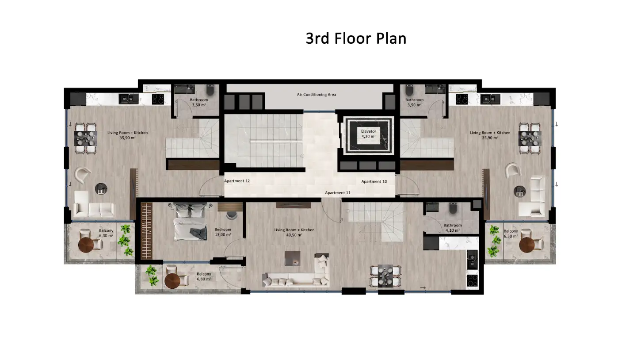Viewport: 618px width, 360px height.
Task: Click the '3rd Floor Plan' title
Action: pyautogui.click(x=356, y=38)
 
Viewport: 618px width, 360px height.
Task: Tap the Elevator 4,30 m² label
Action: pyautogui.click(x=369, y=134)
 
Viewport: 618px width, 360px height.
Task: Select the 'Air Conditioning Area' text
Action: pyautogui.click(x=317, y=94)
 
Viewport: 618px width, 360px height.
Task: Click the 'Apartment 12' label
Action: pyautogui.click(x=237, y=181)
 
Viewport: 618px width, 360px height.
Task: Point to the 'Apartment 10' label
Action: pyautogui.click(x=374, y=181)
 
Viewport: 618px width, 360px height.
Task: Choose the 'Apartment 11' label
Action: pyautogui.click(x=338, y=193)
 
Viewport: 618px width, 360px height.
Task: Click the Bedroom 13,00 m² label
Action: pyautogui.click(x=223, y=232)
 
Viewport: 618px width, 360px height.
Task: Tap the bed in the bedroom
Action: pyautogui.click(x=191, y=222)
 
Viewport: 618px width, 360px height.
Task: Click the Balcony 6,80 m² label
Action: pyautogui.click(x=204, y=276)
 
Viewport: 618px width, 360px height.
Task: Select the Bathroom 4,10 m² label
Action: pyautogui.click(x=453, y=228)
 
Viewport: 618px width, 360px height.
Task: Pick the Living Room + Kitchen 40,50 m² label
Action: pyautogui.click(x=294, y=233)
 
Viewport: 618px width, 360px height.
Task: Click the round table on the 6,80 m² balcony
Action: pyautogui.click(x=172, y=281)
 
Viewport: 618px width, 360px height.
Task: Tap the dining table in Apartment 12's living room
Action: pyautogui.click(x=86, y=138)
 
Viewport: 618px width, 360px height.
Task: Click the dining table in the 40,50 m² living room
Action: pyautogui.click(x=385, y=276)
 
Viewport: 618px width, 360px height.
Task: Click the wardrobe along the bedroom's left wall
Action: pyautogui.click(x=146, y=231)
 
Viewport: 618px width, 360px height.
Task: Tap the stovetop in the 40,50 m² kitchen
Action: pyautogui.click(x=472, y=280)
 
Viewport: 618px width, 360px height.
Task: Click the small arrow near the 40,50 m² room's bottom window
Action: pyautogui.click(x=423, y=288)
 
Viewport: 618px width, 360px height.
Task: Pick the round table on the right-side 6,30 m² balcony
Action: pyautogui.click(x=527, y=245)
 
